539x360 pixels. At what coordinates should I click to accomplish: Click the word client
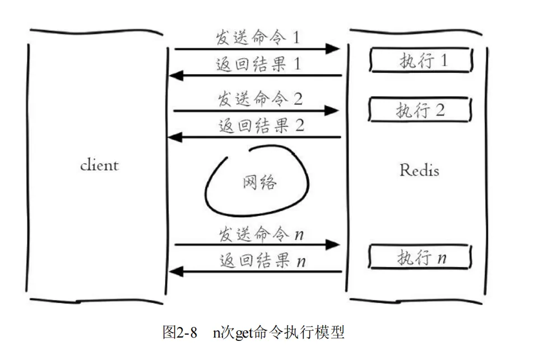coord(99,165)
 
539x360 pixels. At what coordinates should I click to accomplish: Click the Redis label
coord(419,170)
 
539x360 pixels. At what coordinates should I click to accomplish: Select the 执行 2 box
coord(420,109)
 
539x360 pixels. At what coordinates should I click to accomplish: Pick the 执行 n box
coord(420,258)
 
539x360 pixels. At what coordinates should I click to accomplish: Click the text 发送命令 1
coord(258,38)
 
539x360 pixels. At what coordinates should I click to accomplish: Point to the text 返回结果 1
coord(258,64)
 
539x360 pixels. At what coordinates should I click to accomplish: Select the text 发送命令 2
coord(259,99)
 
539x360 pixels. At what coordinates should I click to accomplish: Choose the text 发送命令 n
coord(261,234)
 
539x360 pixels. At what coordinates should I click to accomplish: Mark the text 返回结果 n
coord(262,261)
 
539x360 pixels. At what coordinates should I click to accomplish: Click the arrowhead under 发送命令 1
coord(333,49)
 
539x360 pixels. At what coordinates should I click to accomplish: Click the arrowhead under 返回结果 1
coord(176,75)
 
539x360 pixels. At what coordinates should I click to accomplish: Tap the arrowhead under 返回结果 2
coord(176,137)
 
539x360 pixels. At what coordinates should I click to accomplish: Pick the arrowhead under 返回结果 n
coord(176,272)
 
